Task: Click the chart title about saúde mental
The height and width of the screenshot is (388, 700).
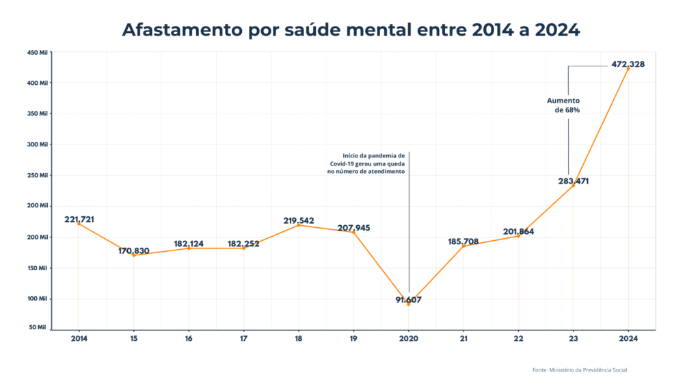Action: click(x=350, y=30)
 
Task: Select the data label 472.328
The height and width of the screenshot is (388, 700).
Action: click(x=628, y=64)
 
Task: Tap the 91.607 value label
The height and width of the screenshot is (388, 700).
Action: click(x=409, y=299)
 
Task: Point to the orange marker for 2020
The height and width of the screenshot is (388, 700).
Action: click(x=409, y=304)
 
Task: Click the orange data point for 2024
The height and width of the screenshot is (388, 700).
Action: click(x=628, y=68)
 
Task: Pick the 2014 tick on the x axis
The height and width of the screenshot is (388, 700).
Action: click(x=79, y=339)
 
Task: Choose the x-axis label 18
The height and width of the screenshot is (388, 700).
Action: click(x=299, y=339)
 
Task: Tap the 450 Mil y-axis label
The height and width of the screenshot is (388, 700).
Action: click(x=38, y=52)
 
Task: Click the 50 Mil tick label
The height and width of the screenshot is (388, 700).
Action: click(x=38, y=328)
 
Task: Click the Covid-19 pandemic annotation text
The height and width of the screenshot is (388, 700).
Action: click(x=368, y=164)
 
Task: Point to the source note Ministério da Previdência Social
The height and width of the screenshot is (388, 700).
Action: click(x=580, y=370)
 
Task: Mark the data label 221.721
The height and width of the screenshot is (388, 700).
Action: click(x=79, y=220)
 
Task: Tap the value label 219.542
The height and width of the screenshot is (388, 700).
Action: click(x=299, y=220)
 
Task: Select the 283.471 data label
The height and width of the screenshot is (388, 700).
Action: click(x=572, y=181)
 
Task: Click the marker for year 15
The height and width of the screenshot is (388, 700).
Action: click(x=133, y=255)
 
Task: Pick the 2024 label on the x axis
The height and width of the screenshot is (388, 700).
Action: click(x=628, y=339)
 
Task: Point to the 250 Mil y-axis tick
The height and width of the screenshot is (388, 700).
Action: click(x=38, y=175)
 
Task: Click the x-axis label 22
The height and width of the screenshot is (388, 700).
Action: click(x=518, y=339)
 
